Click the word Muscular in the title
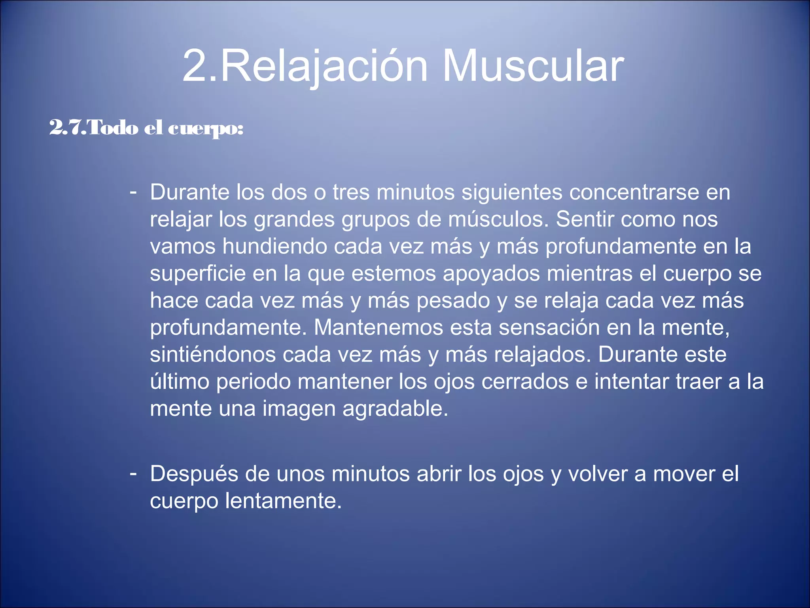(532, 66)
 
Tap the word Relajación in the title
(324, 66)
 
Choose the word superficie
(198, 274)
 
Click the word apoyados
(491, 274)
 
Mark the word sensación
(549, 328)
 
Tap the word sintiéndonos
(213, 355)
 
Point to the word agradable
(395, 409)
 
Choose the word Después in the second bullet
(194, 474)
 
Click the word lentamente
(283, 501)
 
